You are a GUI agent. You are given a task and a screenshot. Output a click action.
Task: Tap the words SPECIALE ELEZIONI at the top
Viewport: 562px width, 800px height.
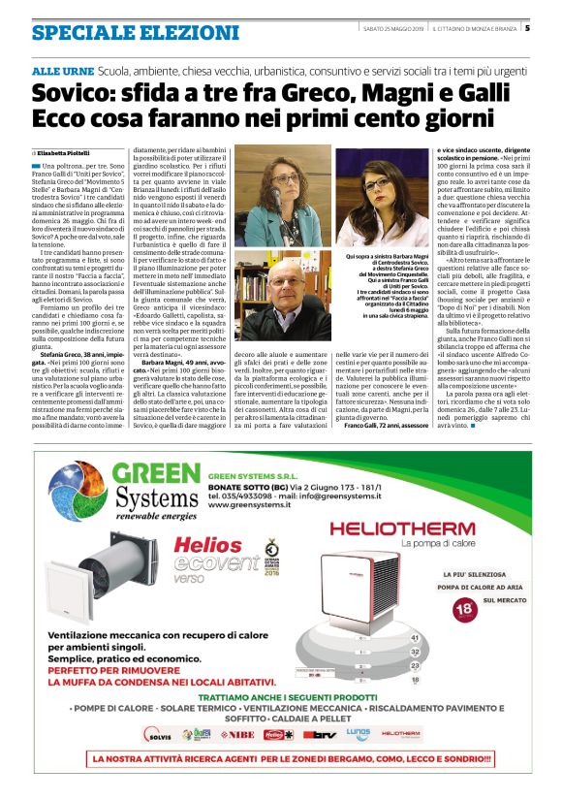click(135, 32)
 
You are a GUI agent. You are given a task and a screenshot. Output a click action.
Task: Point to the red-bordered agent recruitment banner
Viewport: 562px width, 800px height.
click(280, 758)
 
